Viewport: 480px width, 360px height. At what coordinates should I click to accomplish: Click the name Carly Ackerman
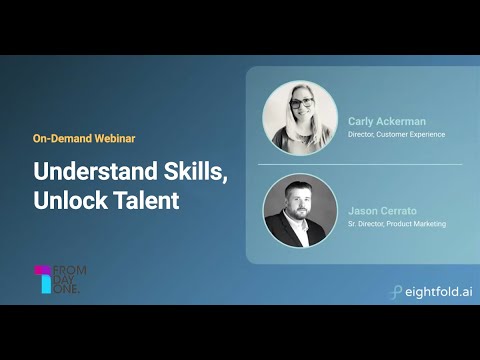click(385, 121)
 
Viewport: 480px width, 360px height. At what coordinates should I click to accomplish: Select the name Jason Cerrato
click(382, 211)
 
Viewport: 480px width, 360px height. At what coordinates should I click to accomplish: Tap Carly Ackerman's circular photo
click(300, 118)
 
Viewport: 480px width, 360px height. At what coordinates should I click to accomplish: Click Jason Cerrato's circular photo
click(300, 211)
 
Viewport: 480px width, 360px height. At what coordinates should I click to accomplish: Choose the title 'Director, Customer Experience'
click(396, 134)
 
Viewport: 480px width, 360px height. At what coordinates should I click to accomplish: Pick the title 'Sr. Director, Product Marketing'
click(397, 224)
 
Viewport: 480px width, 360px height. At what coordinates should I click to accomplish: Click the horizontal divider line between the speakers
click(360, 164)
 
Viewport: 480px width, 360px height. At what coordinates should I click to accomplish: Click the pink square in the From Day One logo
click(41, 270)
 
